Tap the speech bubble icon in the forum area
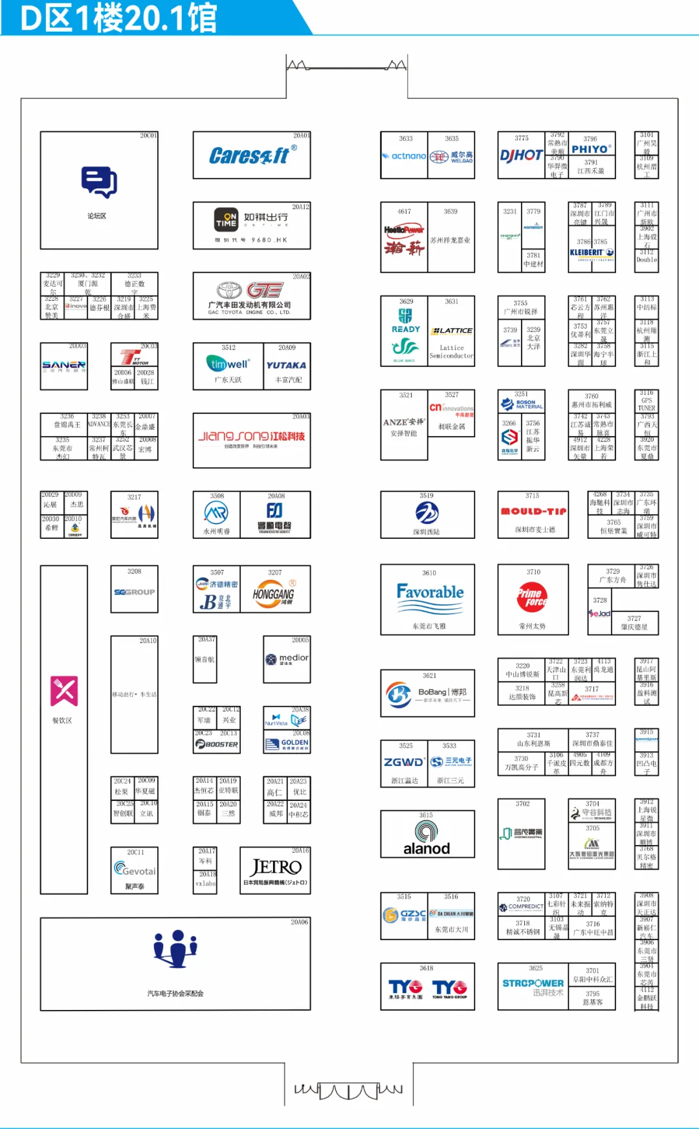click(x=99, y=182)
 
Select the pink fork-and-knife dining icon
click(x=64, y=691)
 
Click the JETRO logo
click(x=276, y=867)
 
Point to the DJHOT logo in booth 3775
click(x=521, y=155)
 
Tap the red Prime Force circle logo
click(x=532, y=597)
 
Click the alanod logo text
click(x=427, y=848)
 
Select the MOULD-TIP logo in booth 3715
click(x=533, y=511)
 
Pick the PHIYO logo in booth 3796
click(x=590, y=149)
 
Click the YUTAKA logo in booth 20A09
click(x=286, y=366)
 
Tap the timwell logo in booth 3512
click(x=227, y=364)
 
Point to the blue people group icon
click(x=175, y=948)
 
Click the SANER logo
click(x=63, y=366)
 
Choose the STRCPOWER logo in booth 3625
click(x=533, y=983)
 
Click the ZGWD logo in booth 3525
click(x=404, y=762)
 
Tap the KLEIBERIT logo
click(x=592, y=253)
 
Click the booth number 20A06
click(x=299, y=922)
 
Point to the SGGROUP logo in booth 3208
click(x=134, y=592)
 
